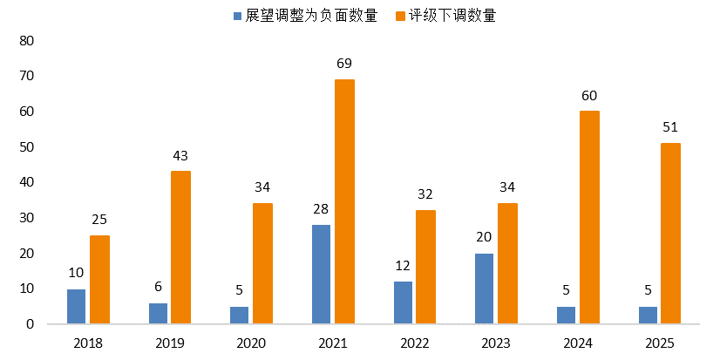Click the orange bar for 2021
click(344, 201)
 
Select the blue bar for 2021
click(321, 274)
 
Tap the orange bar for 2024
click(589, 217)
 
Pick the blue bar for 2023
click(484, 289)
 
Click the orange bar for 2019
click(180, 248)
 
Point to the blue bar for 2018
click(76, 306)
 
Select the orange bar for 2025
click(670, 233)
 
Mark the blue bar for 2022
click(403, 302)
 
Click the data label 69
click(344, 65)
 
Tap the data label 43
click(180, 156)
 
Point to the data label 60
click(589, 96)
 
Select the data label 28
click(321, 209)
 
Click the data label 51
click(670, 127)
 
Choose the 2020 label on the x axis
click(251, 343)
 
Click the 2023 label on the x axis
click(496, 343)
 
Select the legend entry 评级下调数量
click(458, 16)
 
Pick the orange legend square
click(402, 16)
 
